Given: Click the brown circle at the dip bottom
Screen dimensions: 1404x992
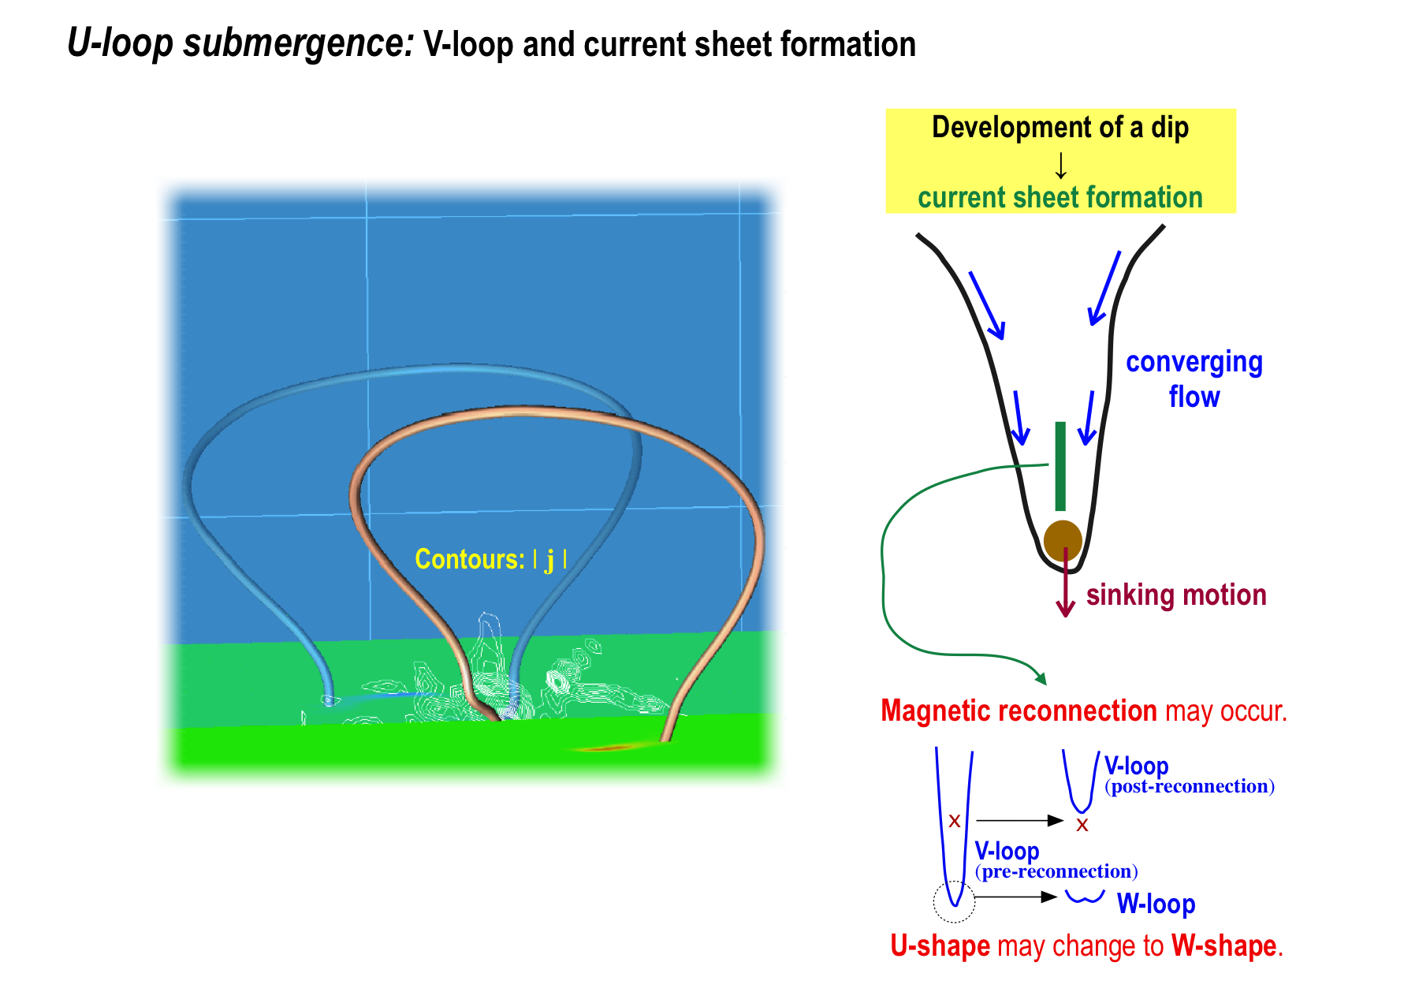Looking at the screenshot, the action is coord(1063,540).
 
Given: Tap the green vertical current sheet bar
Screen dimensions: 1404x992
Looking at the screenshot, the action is coord(1060,466).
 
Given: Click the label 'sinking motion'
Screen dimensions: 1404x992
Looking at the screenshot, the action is coord(1176,595).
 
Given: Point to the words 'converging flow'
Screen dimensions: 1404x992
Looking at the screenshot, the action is coord(1194,379).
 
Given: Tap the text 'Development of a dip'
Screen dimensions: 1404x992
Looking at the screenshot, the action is coord(1060,127).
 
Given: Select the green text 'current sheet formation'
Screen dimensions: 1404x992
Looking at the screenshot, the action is coord(1060,197).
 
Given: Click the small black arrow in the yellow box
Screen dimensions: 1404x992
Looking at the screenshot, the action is coord(1061,165).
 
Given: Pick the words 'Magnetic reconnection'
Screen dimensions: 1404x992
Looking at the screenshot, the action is coord(1019,710).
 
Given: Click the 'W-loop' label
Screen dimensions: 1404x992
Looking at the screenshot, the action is coord(1156,904).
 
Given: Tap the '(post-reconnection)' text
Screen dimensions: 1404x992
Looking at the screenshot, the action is coord(1190,786).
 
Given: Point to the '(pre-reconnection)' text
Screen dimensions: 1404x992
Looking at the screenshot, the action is coord(1056,871).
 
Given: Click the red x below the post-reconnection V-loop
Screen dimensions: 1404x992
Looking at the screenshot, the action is coord(1082,825).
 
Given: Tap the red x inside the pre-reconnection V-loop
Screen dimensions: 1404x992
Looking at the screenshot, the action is coord(955,821).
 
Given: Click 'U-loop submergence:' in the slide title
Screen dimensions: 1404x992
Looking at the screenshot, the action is coord(240,43).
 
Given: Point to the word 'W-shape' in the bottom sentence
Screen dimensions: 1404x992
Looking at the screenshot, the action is coord(1223,945).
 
